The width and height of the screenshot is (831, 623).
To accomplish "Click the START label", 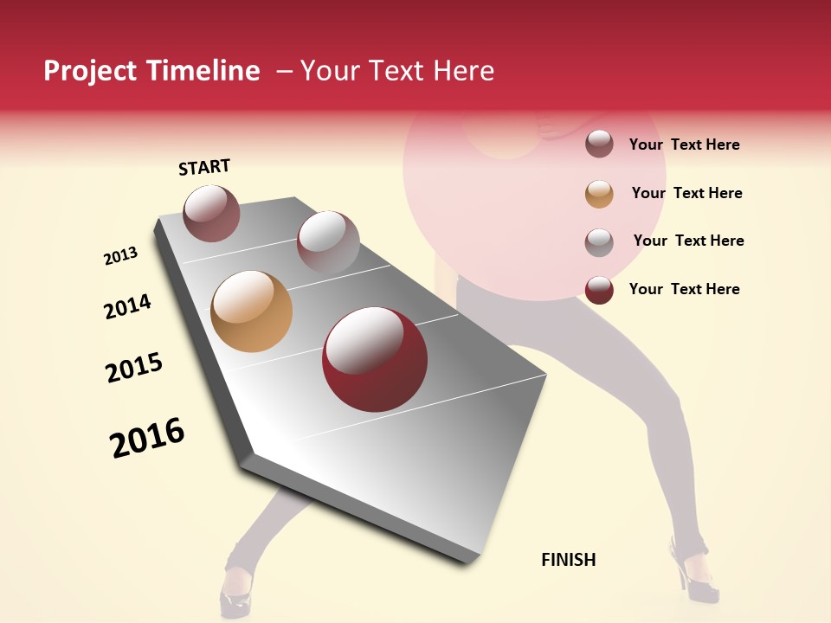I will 204,167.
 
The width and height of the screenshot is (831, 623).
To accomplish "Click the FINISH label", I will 569,560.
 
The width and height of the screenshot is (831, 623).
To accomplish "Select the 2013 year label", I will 121,256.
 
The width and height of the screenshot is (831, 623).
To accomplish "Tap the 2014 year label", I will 127,307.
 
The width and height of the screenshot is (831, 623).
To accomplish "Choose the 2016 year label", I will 147,437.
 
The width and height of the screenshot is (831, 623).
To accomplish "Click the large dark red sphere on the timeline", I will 375,359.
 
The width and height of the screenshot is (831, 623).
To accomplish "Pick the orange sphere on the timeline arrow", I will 251,311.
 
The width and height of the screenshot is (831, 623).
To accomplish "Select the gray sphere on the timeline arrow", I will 328,242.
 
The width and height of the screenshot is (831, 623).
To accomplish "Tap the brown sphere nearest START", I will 211,213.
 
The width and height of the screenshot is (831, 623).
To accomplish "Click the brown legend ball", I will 599,145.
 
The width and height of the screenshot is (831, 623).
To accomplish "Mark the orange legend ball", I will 599,194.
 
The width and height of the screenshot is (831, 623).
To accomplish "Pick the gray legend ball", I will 599,242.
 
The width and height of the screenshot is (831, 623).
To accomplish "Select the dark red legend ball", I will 599,290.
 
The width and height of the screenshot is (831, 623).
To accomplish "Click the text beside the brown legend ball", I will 684,145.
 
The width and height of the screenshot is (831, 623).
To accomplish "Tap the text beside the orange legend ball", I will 686,193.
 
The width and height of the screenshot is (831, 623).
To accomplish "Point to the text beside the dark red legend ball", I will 684,289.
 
